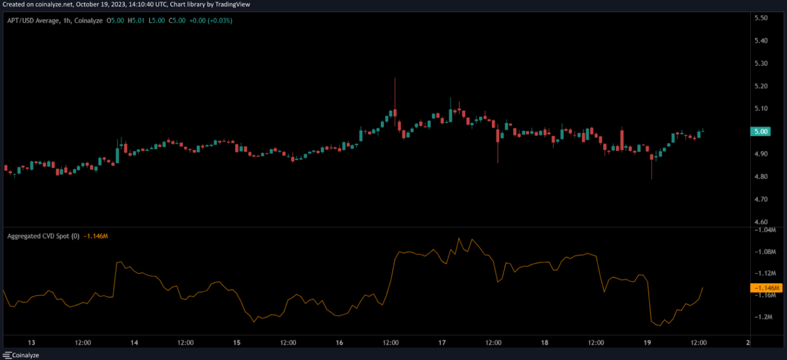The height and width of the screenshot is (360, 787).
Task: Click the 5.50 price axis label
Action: [761, 18]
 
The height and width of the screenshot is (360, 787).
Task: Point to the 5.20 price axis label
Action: [761, 86]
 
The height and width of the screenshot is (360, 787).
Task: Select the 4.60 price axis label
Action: [761, 222]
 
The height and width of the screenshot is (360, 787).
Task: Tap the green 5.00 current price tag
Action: [761, 132]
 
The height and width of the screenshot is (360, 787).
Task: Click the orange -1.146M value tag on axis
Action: [766, 287]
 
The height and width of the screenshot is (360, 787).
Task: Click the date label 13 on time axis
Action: [31, 343]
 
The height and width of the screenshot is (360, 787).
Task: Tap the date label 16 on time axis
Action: [339, 343]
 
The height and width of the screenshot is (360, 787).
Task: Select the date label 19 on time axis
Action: [647, 343]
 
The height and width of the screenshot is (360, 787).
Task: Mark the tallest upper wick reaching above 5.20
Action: [395, 79]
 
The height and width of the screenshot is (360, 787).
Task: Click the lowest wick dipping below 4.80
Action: [652, 178]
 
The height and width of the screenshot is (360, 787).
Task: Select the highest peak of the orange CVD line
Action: [459, 238]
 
